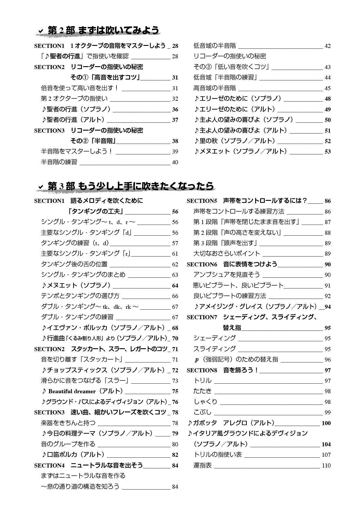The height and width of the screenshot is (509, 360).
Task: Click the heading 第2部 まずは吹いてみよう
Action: (x=103, y=30)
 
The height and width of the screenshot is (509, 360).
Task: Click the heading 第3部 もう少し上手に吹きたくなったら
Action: (x=131, y=186)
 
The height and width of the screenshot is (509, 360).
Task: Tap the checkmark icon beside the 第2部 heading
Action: (x=41, y=30)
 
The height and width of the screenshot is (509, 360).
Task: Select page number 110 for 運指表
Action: (x=326, y=465)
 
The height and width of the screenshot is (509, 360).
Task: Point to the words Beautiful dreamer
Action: (x=72, y=391)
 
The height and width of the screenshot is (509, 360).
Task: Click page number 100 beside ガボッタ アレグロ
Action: (x=326, y=423)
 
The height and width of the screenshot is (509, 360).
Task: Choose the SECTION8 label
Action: (x=202, y=370)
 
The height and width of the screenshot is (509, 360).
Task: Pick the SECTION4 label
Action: (x=49, y=465)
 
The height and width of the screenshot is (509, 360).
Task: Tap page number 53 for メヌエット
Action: (x=327, y=151)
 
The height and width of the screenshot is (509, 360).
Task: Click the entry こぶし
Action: (x=202, y=412)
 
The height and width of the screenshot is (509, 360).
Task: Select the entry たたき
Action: (x=202, y=391)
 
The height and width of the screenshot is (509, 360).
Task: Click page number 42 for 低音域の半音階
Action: (x=327, y=46)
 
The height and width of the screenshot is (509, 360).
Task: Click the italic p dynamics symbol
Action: (x=197, y=360)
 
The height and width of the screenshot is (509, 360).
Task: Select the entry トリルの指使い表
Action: (x=217, y=455)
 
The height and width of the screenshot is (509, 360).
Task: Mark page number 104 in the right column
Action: (x=326, y=444)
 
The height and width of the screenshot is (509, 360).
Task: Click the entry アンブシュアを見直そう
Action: (x=226, y=275)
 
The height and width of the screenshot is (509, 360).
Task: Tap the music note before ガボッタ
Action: (x=190, y=423)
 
